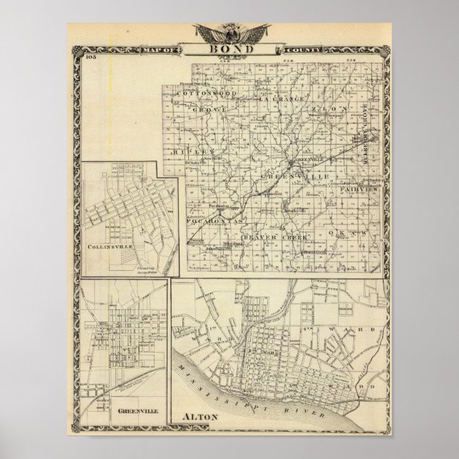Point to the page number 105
tap(88, 58)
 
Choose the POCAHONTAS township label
tap(215, 225)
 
